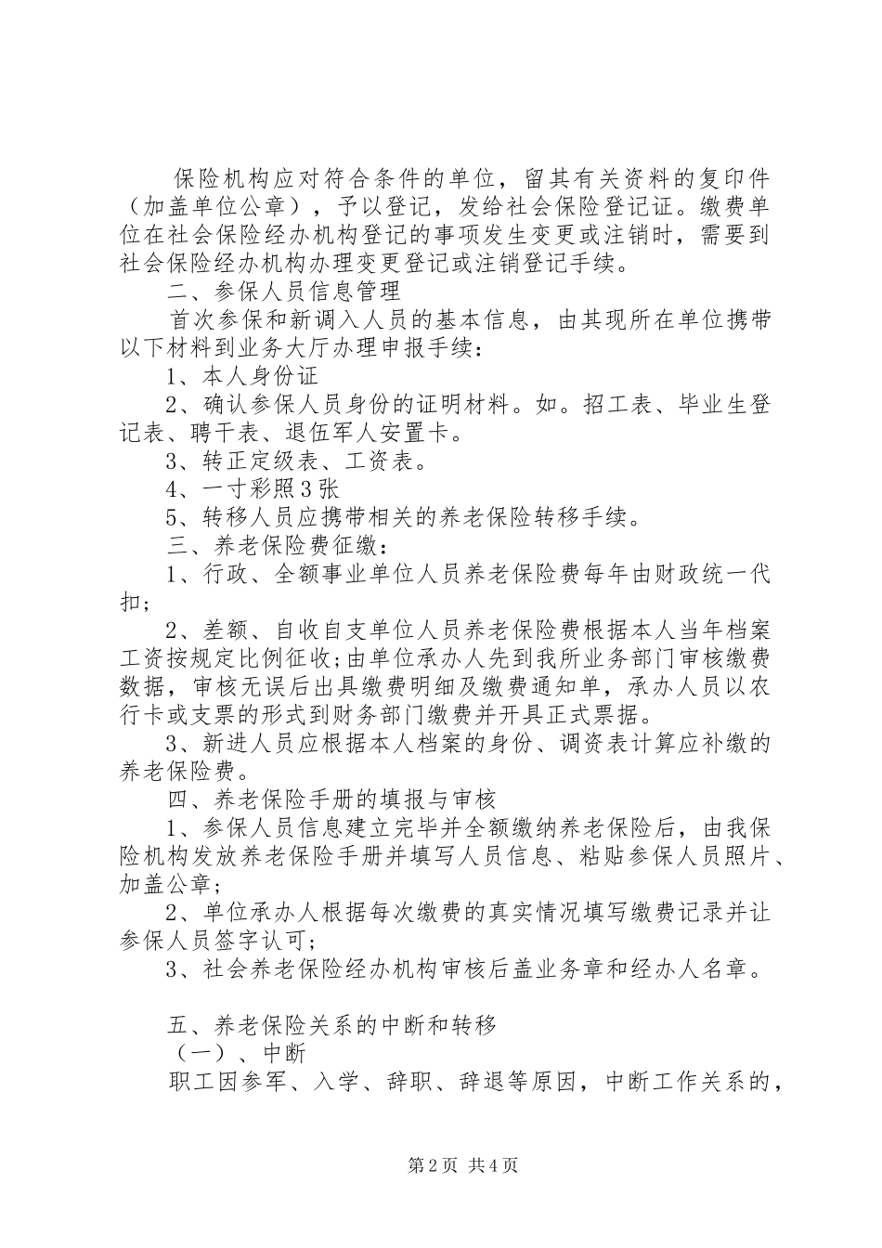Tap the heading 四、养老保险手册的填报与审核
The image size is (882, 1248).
point(331,799)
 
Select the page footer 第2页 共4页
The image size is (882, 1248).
point(440,1165)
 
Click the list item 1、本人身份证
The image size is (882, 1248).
point(242,376)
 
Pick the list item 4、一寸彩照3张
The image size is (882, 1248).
point(253,488)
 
